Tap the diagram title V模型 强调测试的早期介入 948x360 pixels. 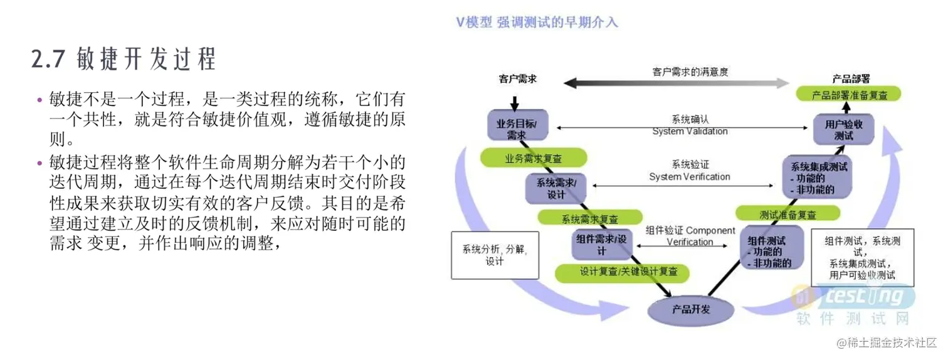pyautogui.click(x=537, y=23)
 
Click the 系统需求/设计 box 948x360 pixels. pyautogui.click(x=556, y=189)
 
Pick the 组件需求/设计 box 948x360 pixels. pyautogui.click(x=601, y=245)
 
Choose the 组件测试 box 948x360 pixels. pyautogui.click(x=771, y=251)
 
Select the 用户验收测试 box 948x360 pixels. pyautogui.click(x=844, y=129)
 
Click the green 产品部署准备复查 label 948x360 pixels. pyautogui.click(x=849, y=95)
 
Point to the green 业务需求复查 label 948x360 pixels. pyautogui.click(x=534, y=157)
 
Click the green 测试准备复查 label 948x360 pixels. pyautogui.click(x=787, y=214)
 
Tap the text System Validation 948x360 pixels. pyautogui.click(x=690, y=132)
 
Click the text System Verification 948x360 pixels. pyautogui.click(x=690, y=177)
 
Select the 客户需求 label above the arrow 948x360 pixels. pyautogui.click(x=518, y=80)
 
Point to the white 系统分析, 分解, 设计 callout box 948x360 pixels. pyautogui.click(x=495, y=255)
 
